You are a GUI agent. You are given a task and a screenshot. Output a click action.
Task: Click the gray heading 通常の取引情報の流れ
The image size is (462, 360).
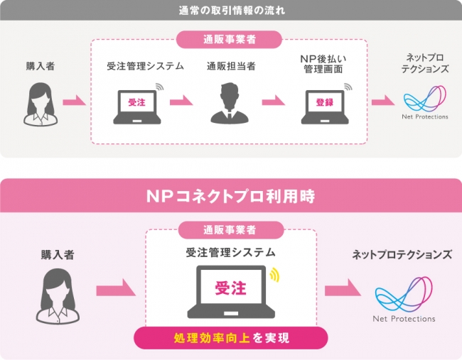coord(232,11)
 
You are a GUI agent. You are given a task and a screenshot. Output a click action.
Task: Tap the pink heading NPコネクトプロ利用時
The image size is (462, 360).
coord(231,197)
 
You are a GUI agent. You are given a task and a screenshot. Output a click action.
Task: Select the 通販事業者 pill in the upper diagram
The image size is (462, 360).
coord(230,40)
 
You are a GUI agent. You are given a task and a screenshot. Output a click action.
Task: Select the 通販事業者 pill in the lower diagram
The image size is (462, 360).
coord(231,230)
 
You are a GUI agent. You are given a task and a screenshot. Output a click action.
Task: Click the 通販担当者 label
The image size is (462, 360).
coord(231,66)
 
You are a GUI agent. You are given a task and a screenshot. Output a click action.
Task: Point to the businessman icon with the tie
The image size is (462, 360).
coord(230,103)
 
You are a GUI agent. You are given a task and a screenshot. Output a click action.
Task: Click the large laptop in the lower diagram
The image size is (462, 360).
coord(231,292)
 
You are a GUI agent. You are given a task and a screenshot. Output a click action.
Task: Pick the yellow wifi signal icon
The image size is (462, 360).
coord(274,275)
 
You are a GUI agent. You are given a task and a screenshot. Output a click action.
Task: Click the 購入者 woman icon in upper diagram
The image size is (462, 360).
coord(41,104)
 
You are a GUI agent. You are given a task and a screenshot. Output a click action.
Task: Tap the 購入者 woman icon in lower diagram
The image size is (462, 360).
coord(58,296)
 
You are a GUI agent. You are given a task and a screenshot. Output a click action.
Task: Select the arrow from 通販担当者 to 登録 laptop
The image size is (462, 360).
coord(273,100)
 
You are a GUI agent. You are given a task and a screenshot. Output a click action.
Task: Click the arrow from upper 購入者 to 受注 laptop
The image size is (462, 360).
coord(74,100)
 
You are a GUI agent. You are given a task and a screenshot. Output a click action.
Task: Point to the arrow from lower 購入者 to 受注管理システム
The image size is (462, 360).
coord(116,288)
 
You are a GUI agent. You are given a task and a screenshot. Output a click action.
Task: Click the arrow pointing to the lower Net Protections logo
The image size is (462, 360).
coord(343,288)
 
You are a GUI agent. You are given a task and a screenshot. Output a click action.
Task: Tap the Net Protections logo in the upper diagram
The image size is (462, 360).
coord(425,102)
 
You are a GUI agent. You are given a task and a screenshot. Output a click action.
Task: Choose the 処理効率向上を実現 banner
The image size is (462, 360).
coord(231,338)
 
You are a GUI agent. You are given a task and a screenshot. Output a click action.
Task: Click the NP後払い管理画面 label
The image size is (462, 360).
coord(323,64)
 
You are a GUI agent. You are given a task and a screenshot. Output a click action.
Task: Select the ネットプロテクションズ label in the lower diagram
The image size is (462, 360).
coord(402,255)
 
